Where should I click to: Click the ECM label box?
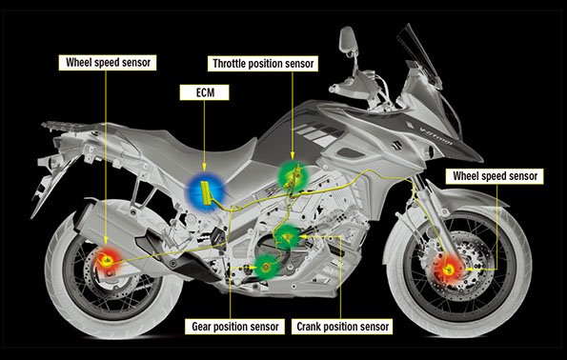(202, 93)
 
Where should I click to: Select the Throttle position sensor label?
(264, 63)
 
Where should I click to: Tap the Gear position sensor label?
(234, 327)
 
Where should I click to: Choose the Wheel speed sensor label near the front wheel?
(495, 177)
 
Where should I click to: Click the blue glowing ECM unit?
(204, 189)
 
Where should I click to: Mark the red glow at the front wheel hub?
(447, 268)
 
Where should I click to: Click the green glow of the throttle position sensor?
(290, 175)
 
